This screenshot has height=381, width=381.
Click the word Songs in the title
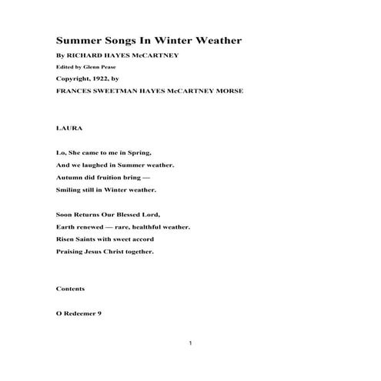coord(120,41)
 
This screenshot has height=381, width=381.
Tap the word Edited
coord(65,68)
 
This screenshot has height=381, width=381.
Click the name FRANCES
coord(74,90)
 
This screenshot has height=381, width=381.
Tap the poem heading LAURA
coord(69,129)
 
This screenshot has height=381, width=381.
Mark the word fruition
coord(115,176)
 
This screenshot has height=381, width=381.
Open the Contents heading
coord(71,289)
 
